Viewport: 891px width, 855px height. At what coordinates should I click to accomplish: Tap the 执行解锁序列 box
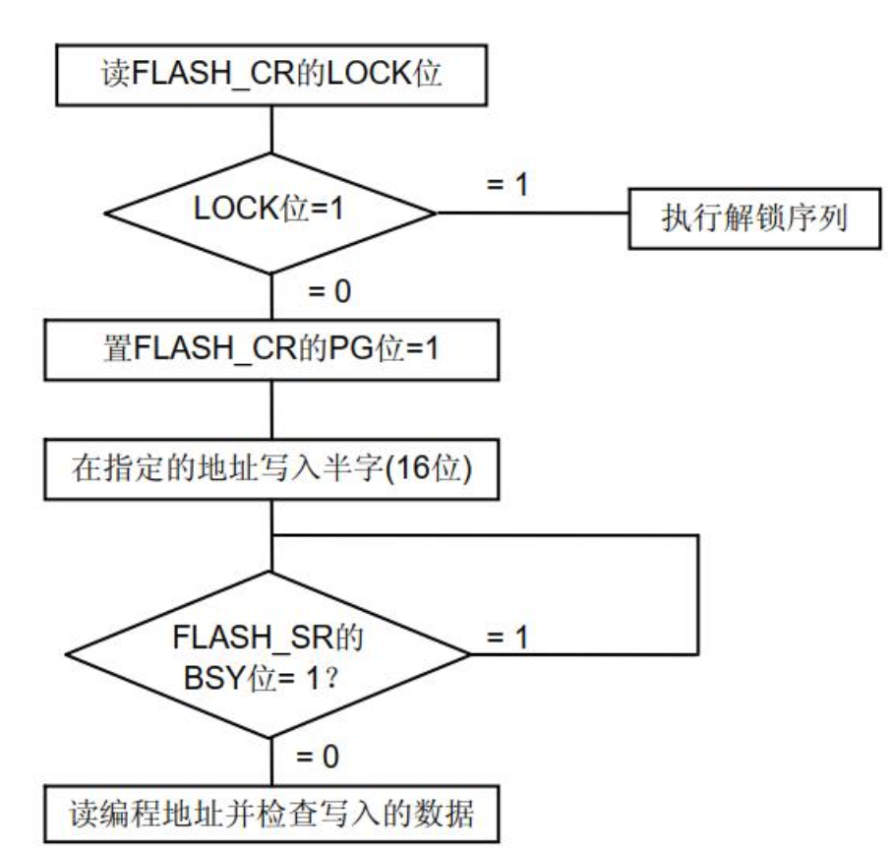[752, 215]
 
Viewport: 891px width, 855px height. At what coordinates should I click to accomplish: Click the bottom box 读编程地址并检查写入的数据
[268, 815]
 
